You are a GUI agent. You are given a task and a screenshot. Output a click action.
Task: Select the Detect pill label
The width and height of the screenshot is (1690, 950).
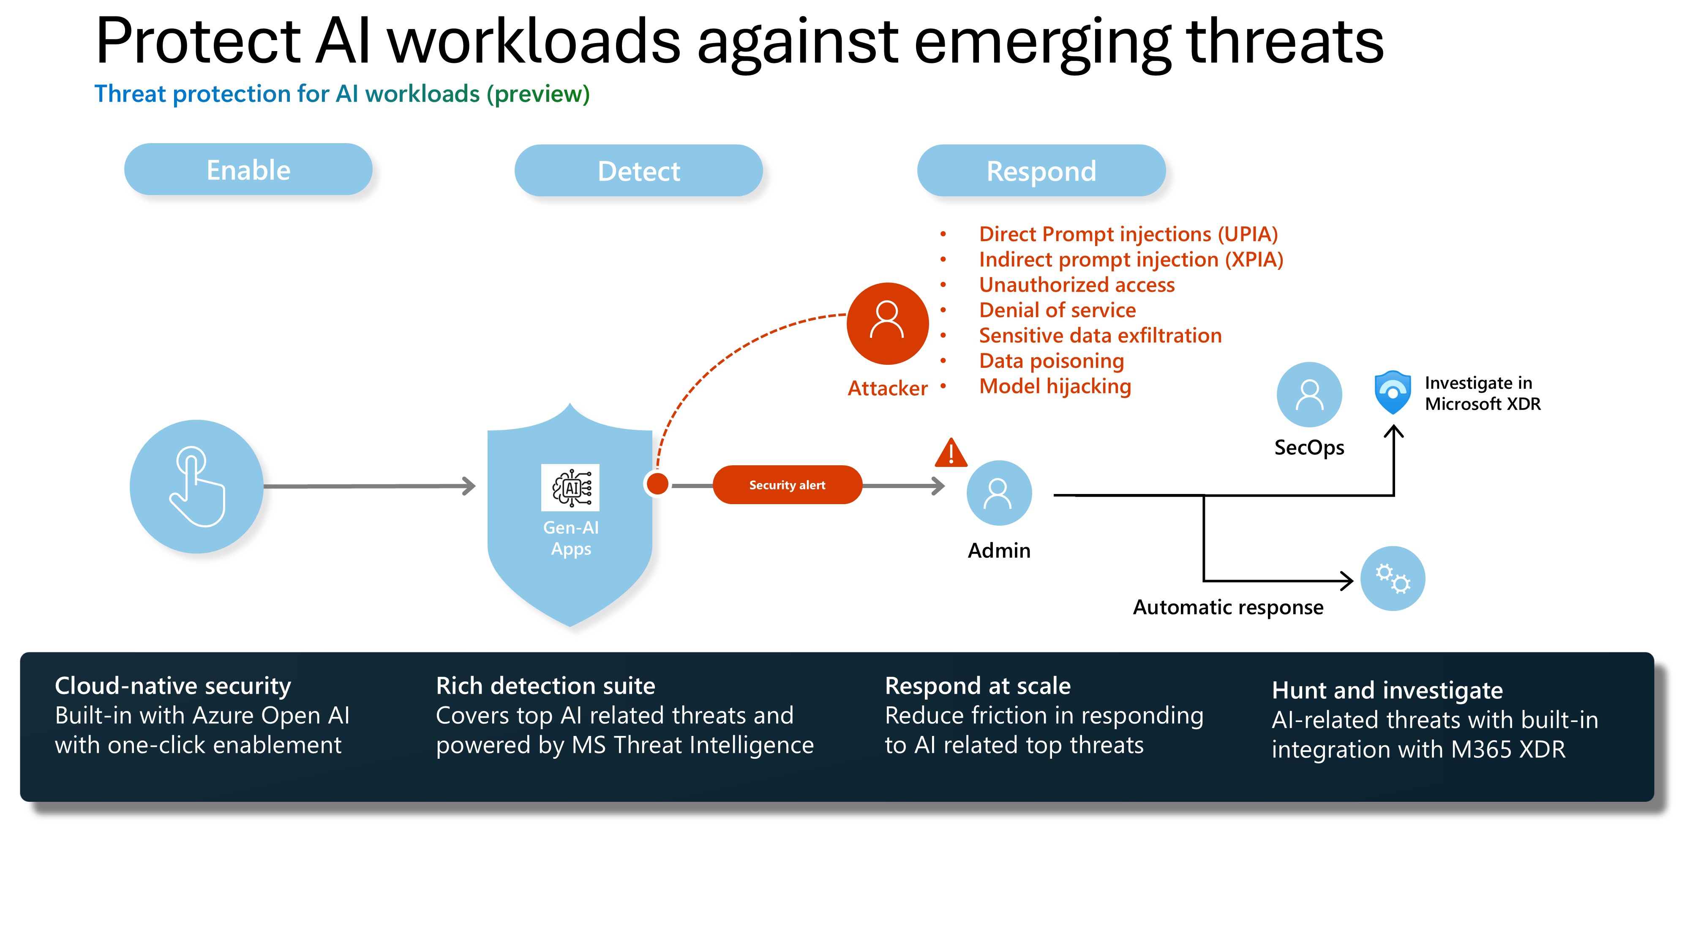tap(638, 171)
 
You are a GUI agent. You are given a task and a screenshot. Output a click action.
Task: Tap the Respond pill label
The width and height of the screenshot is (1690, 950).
tap(1041, 171)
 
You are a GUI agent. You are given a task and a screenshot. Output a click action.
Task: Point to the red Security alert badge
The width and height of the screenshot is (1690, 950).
tap(787, 485)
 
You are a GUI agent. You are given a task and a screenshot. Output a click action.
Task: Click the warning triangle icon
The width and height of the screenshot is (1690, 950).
tap(951, 453)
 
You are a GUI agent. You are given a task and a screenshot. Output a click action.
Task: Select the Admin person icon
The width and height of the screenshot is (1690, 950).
tap(998, 493)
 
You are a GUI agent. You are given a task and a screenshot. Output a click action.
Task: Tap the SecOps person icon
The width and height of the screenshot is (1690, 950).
tap(1309, 395)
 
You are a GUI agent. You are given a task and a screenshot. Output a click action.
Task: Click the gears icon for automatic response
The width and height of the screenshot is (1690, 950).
tap(1392, 578)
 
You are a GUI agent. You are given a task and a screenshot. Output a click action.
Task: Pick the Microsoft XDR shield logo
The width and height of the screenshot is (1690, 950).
tap(1392, 392)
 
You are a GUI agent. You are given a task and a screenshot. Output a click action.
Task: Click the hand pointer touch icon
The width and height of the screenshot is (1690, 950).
tap(196, 486)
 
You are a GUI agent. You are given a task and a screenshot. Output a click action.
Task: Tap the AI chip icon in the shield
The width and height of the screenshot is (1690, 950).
tap(570, 487)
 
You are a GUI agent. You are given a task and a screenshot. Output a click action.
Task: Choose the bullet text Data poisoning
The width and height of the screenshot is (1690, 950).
tap(1051, 361)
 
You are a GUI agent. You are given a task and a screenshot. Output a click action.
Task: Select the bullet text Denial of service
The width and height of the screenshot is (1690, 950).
tap(1057, 310)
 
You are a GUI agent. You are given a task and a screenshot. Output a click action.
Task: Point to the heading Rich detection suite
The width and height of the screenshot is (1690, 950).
tap(545, 686)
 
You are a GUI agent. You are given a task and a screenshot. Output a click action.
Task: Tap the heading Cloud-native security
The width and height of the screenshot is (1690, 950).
tap(172, 686)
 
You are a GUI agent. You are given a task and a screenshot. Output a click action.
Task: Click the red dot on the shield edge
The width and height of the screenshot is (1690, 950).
tap(657, 484)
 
